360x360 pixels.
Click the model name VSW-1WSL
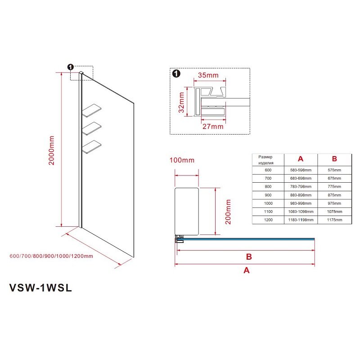coord(40,288)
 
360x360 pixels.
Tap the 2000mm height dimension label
coord(51,150)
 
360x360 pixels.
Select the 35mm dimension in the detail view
coord(208,75)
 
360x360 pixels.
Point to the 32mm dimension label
coord(181,103)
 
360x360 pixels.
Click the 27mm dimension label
coord(213,126)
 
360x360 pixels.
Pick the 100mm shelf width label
coord(182,160)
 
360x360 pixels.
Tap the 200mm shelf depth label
coord(228,211)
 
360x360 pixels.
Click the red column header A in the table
coord(301,159)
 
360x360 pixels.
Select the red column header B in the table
coord(334,159)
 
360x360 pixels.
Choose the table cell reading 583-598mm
coord(301,170)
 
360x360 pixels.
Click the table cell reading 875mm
coord(334,195)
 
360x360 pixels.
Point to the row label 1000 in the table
coord(268,203)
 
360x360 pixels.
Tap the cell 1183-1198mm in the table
coord(301,220)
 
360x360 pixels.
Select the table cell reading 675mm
coord(334,178)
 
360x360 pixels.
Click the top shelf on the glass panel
coord(92,110)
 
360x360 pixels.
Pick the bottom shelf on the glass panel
coord(92,147)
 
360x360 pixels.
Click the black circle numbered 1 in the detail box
coord(176,74)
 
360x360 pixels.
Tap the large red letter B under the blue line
coord(249,256)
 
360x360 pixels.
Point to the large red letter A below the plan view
coord(246,270)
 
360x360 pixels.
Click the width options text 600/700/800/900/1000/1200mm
coord(51,256)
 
